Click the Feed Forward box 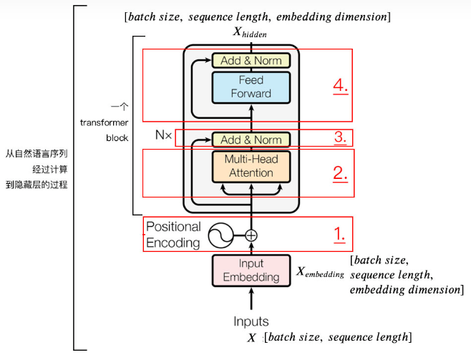(251, 87)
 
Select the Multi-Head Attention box (251, 166)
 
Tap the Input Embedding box (251, 271)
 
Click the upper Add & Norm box (251, 61)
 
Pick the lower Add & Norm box (251, 140)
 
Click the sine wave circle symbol (220, 235)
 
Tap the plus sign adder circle (251, 235)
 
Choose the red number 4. (340, 85)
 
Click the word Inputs (251, 321)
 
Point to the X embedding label (319, 273)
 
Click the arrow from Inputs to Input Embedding (251, 298)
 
